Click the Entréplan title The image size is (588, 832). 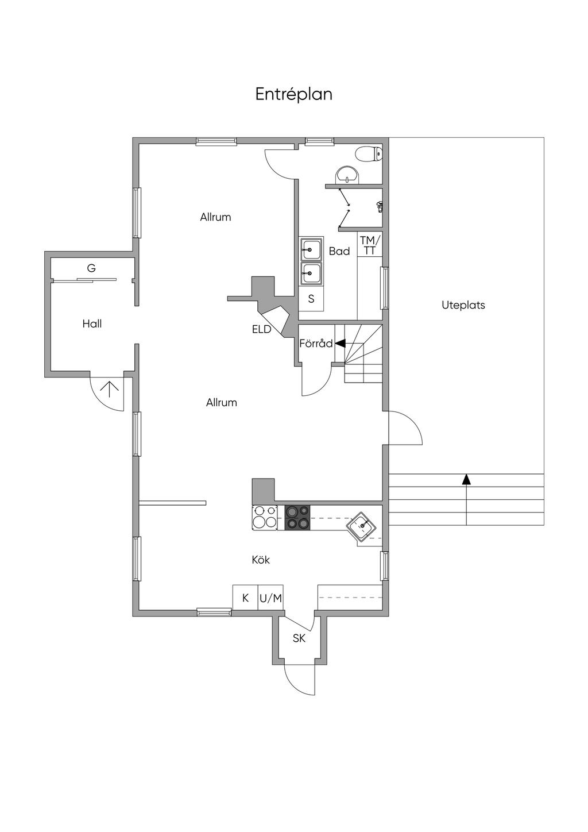click(x=293, y=94)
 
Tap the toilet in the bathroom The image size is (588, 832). click(x=369, y=153)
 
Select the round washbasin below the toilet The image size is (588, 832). click(x=346, y=174)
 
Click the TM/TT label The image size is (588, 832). click(x=370, y=245)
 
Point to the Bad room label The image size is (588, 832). click(x=339, y=251)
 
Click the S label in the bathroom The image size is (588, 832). click(x=311, y=299)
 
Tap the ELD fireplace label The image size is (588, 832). click(x=261, y=329)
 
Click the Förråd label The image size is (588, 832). click(x=316, y=344)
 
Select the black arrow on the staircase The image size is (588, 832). click(x=340, y=344)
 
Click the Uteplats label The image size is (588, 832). click(x=463, y=305)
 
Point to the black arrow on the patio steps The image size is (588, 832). click(x=466, y=479)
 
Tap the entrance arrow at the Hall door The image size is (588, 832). click(x=109, y=389)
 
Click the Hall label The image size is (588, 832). click(x=92, y=324)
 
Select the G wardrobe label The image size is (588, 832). click(x=91, y=268)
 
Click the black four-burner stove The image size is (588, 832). click(x=297, y=517)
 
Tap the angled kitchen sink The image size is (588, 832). click(x=361, y=525)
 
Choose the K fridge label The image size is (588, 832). click(x=245, y=598)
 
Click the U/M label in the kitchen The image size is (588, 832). click(x=270, y=598)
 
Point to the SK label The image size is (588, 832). click(x=299, y=638)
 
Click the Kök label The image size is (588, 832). click(x=261, y=560)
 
